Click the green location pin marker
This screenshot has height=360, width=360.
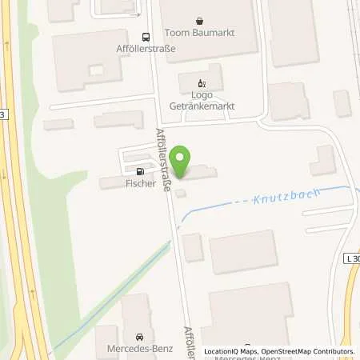[182, 162]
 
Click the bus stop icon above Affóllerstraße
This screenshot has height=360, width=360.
[145, 36]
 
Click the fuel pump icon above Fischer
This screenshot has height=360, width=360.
[142, 170]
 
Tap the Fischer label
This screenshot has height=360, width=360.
[141, 182]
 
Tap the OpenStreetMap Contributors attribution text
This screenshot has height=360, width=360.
[314, 351]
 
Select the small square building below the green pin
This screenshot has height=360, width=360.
[182, 192]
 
